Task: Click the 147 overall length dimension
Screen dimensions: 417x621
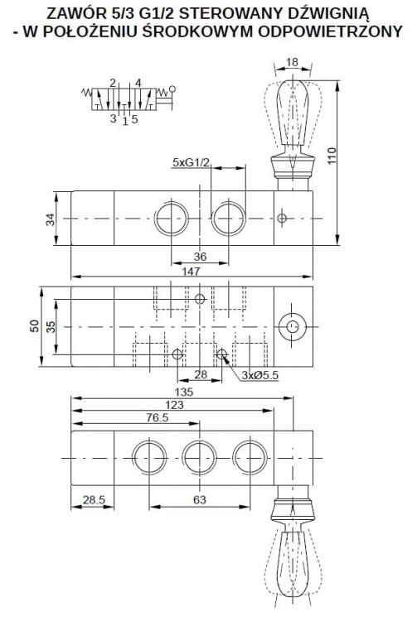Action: click(191, 272)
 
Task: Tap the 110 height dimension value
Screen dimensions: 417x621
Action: click(332, 156)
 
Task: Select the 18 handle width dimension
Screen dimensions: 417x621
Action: click(292, 62)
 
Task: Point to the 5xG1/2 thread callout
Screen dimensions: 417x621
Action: click(191, 162)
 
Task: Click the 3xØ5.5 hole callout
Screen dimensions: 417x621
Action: click(260, 375)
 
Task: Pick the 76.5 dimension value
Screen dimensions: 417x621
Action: click(158, 417)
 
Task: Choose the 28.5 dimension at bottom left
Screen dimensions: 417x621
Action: click(94, 500)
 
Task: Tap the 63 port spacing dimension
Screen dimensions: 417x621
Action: click(200, 500)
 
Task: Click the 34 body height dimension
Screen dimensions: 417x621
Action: click(51, 219)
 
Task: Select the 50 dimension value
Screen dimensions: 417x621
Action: click(35, 326)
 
